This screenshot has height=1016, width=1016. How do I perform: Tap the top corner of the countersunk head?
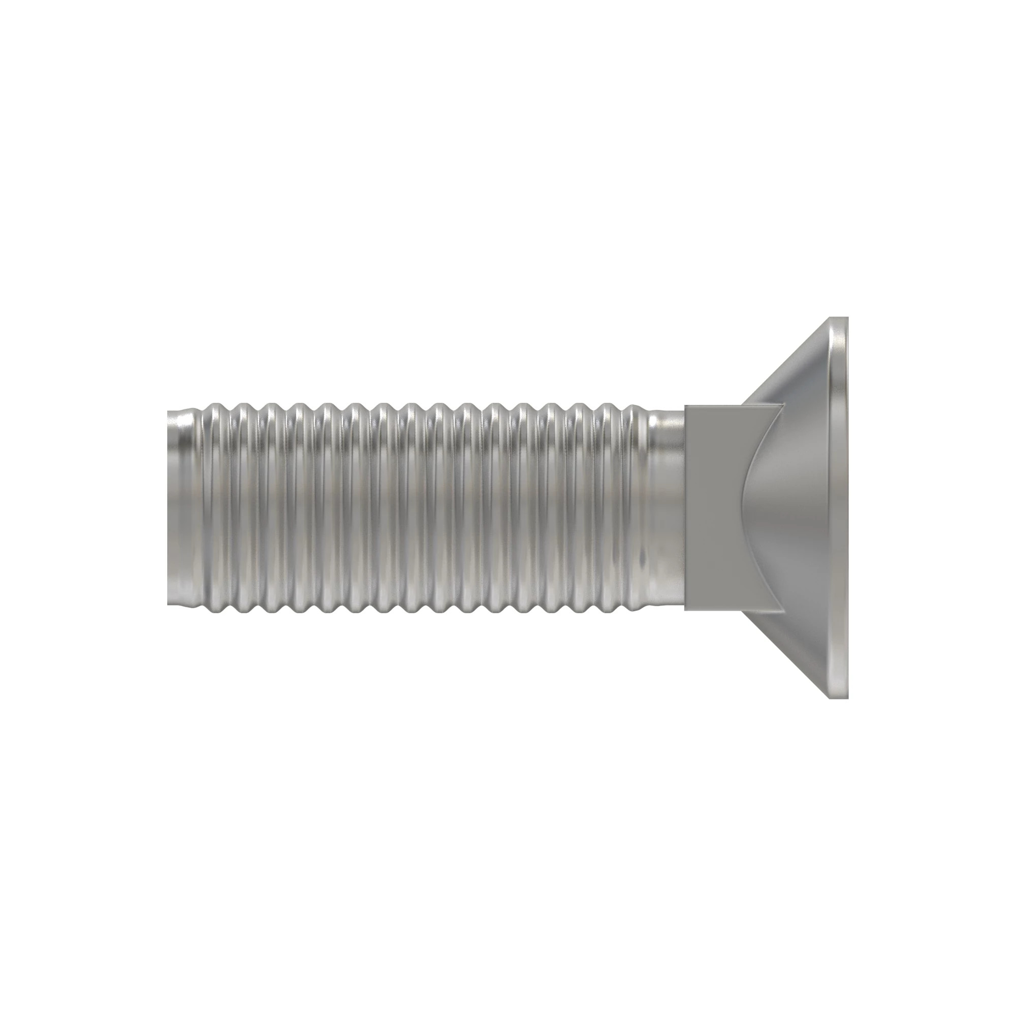click(x=838, y=318)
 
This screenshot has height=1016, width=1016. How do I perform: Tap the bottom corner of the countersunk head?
click(x=838, y=697)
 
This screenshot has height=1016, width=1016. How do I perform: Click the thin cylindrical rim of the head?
click(x=840, y=507)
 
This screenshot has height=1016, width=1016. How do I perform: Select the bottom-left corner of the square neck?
click(x=685, y=611)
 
